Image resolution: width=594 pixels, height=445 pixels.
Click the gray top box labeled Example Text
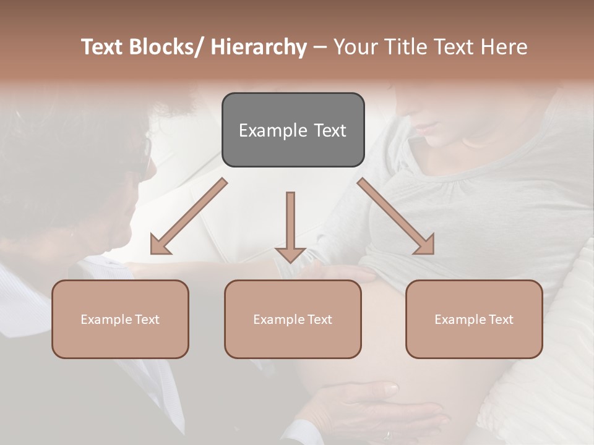tap(293, 130)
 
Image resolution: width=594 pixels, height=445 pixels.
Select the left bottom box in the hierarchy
tap(120, 319)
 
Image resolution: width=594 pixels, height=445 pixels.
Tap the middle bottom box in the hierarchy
tap(293, 319)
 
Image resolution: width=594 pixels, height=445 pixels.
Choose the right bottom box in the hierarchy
tap(474, 319)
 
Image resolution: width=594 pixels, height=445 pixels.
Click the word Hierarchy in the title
tap(259, 47)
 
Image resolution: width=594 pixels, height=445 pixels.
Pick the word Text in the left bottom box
tap(147, 320)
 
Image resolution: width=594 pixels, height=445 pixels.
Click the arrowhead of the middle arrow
tap(290, 254)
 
